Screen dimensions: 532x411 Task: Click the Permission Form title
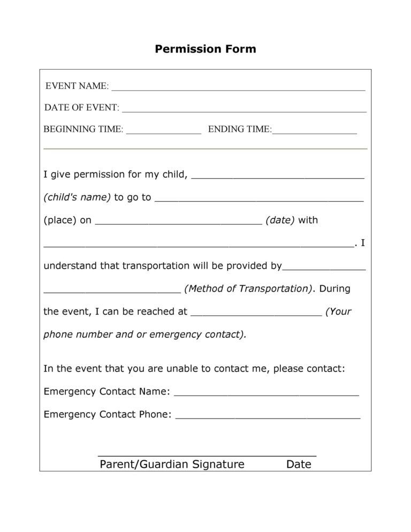(x=205, y=49)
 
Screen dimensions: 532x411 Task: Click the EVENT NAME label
(x=77, y=86)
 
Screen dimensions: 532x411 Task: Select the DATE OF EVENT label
(x=81, y=108)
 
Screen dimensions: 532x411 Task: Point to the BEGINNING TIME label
(x=83, y=129)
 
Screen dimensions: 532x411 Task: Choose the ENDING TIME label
(x=240, y=129)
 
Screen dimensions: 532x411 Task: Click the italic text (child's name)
(x=77, y=197)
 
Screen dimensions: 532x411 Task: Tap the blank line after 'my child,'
(x=277, y=176)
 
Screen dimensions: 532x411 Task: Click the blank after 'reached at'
(x=256, y=314)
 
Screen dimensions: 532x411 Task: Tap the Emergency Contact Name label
(x=106, y=391)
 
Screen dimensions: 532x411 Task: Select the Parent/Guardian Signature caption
(x=172, y=464)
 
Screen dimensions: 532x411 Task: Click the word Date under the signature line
(x=299, y=464)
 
